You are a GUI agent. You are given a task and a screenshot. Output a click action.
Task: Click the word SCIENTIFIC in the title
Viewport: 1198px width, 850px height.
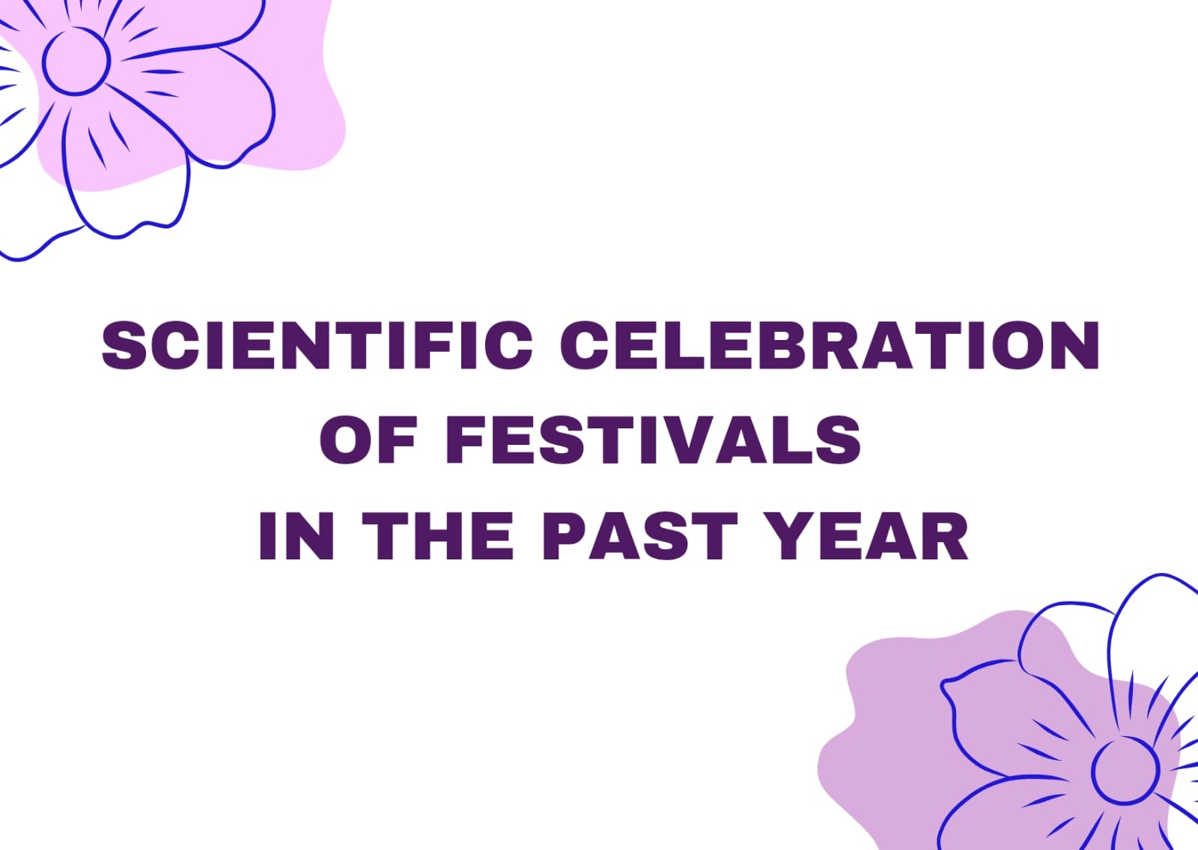317,345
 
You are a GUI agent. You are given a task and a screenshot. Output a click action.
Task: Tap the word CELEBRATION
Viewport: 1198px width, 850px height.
830,345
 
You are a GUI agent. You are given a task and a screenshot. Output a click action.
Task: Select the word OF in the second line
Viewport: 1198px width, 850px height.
368,440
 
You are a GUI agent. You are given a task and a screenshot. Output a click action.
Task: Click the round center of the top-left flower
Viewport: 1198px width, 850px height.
76,61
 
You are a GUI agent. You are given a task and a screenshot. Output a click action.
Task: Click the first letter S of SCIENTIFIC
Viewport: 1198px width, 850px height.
124,345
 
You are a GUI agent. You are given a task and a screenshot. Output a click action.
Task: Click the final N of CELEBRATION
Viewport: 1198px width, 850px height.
1074,345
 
